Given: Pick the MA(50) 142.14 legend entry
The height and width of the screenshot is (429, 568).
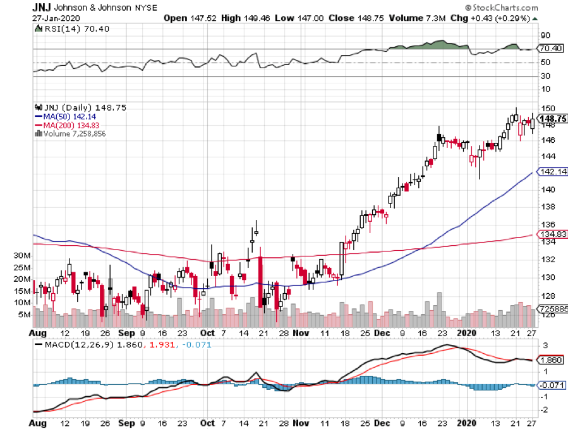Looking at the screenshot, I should [65, 116].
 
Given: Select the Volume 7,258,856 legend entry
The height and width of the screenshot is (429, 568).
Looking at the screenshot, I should [69, 133].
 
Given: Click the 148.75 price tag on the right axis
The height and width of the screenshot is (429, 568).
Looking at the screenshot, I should [551, 118].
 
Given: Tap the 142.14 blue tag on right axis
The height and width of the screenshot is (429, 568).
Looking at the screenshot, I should [551, 172].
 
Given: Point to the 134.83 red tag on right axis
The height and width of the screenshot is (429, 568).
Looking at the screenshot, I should [551, 234].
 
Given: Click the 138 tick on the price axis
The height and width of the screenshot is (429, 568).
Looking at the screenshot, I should [545, 207].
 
